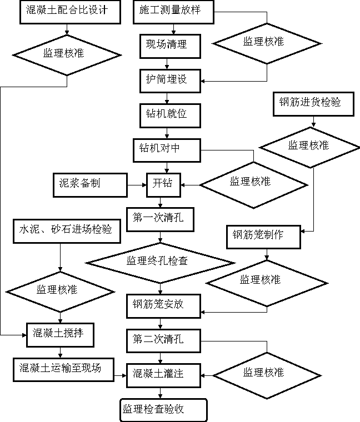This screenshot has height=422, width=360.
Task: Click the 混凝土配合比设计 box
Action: pyautogui.click(x=70, y=12)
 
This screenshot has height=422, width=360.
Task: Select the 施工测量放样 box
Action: pyautogui.click(x=173, y=12)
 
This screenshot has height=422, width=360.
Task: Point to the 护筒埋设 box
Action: pyautogui.click(x=170, y=81)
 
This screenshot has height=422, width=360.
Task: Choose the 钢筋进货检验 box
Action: pyautogui.click(x=313, y=103)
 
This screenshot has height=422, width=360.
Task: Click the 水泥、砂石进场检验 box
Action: pyautogui.click(x=67, y=230)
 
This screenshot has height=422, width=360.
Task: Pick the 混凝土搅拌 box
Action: pyautogui.click(x=60, y=334)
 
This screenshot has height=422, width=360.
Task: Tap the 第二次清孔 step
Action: pyautogui.click(x=163, y=339)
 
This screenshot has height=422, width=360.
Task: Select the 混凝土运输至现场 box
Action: pyautogui.click(x=63, y=369)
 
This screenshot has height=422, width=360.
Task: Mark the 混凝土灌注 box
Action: pyautogui.click(x=163, y=374)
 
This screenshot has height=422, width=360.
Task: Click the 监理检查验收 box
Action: pyautogui.click(x=163, y=410)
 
